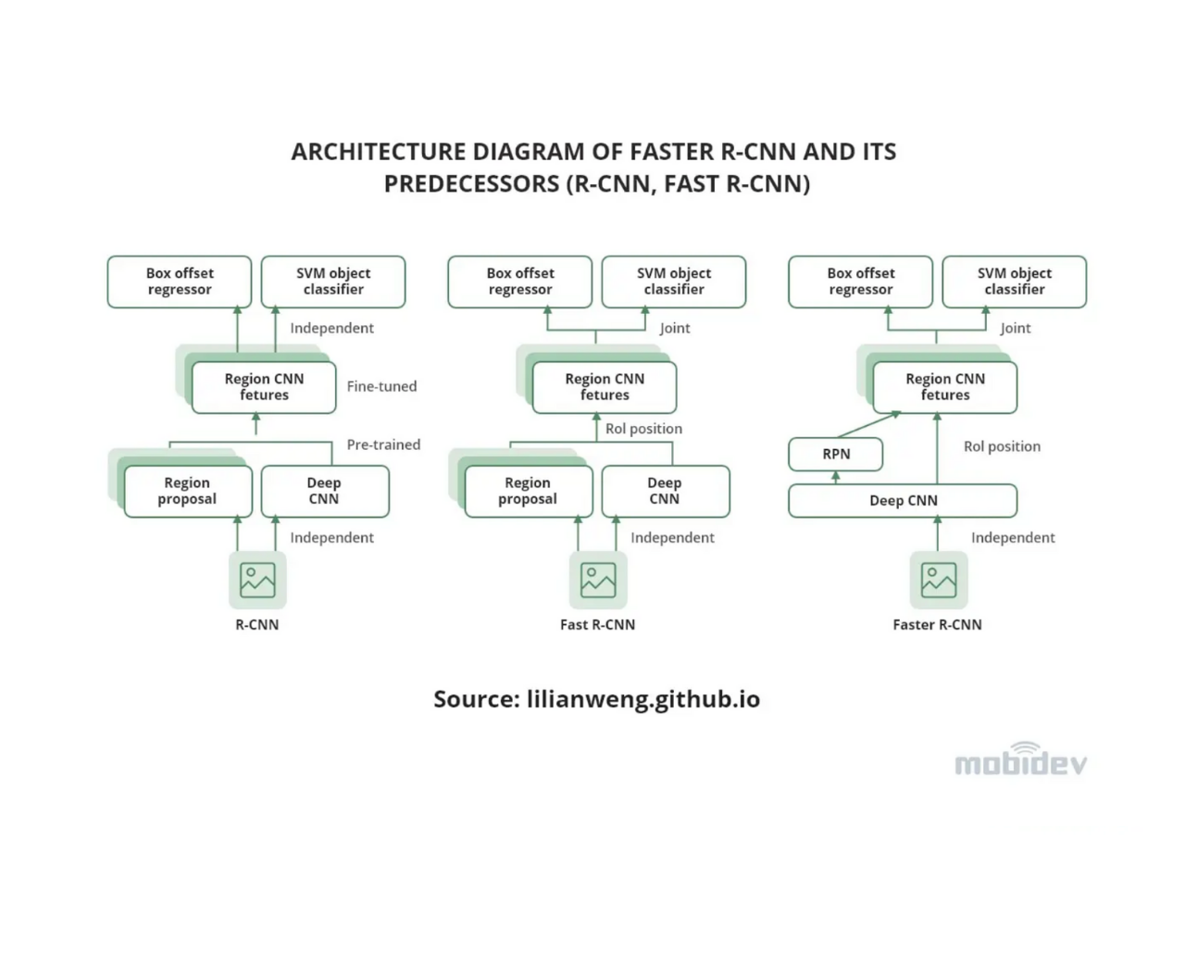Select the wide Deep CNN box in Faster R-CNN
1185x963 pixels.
click(903, 500)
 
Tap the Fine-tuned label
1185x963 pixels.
click(381, 386)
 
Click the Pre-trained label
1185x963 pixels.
click(383, 444)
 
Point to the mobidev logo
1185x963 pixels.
click(1020, 759)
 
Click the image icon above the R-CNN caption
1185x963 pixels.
click(257, 580)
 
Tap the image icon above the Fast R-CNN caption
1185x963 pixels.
click(598, 580)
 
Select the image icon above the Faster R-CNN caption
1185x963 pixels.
click(939, 580)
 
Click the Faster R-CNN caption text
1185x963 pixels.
click(937, 624)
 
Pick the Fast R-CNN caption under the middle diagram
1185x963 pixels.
click(597, 624)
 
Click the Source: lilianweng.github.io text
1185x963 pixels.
click(596, 699)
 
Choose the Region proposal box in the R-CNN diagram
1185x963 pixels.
click(188, 492)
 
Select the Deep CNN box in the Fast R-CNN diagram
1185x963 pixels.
click(666, 492)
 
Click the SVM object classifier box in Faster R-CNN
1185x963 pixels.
click(1015, 281)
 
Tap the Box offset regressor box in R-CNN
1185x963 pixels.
click(180, 281)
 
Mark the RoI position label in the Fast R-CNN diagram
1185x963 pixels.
click(643, 429)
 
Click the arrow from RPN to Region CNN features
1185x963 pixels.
click(868, 424)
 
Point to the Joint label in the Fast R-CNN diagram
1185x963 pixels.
click(675, 328)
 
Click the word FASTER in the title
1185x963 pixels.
click(671, 151)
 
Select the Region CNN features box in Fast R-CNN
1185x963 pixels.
click(605, 387)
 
